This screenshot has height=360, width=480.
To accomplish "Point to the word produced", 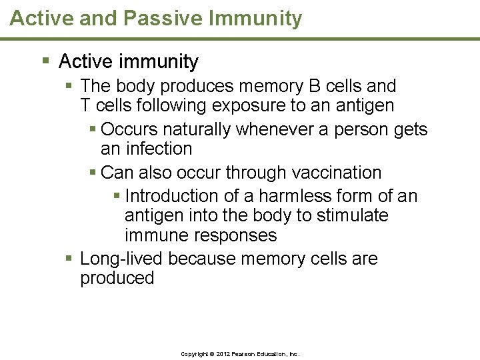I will [x=117, y=278].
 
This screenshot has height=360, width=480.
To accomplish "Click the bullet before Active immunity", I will [x=46, y=62].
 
